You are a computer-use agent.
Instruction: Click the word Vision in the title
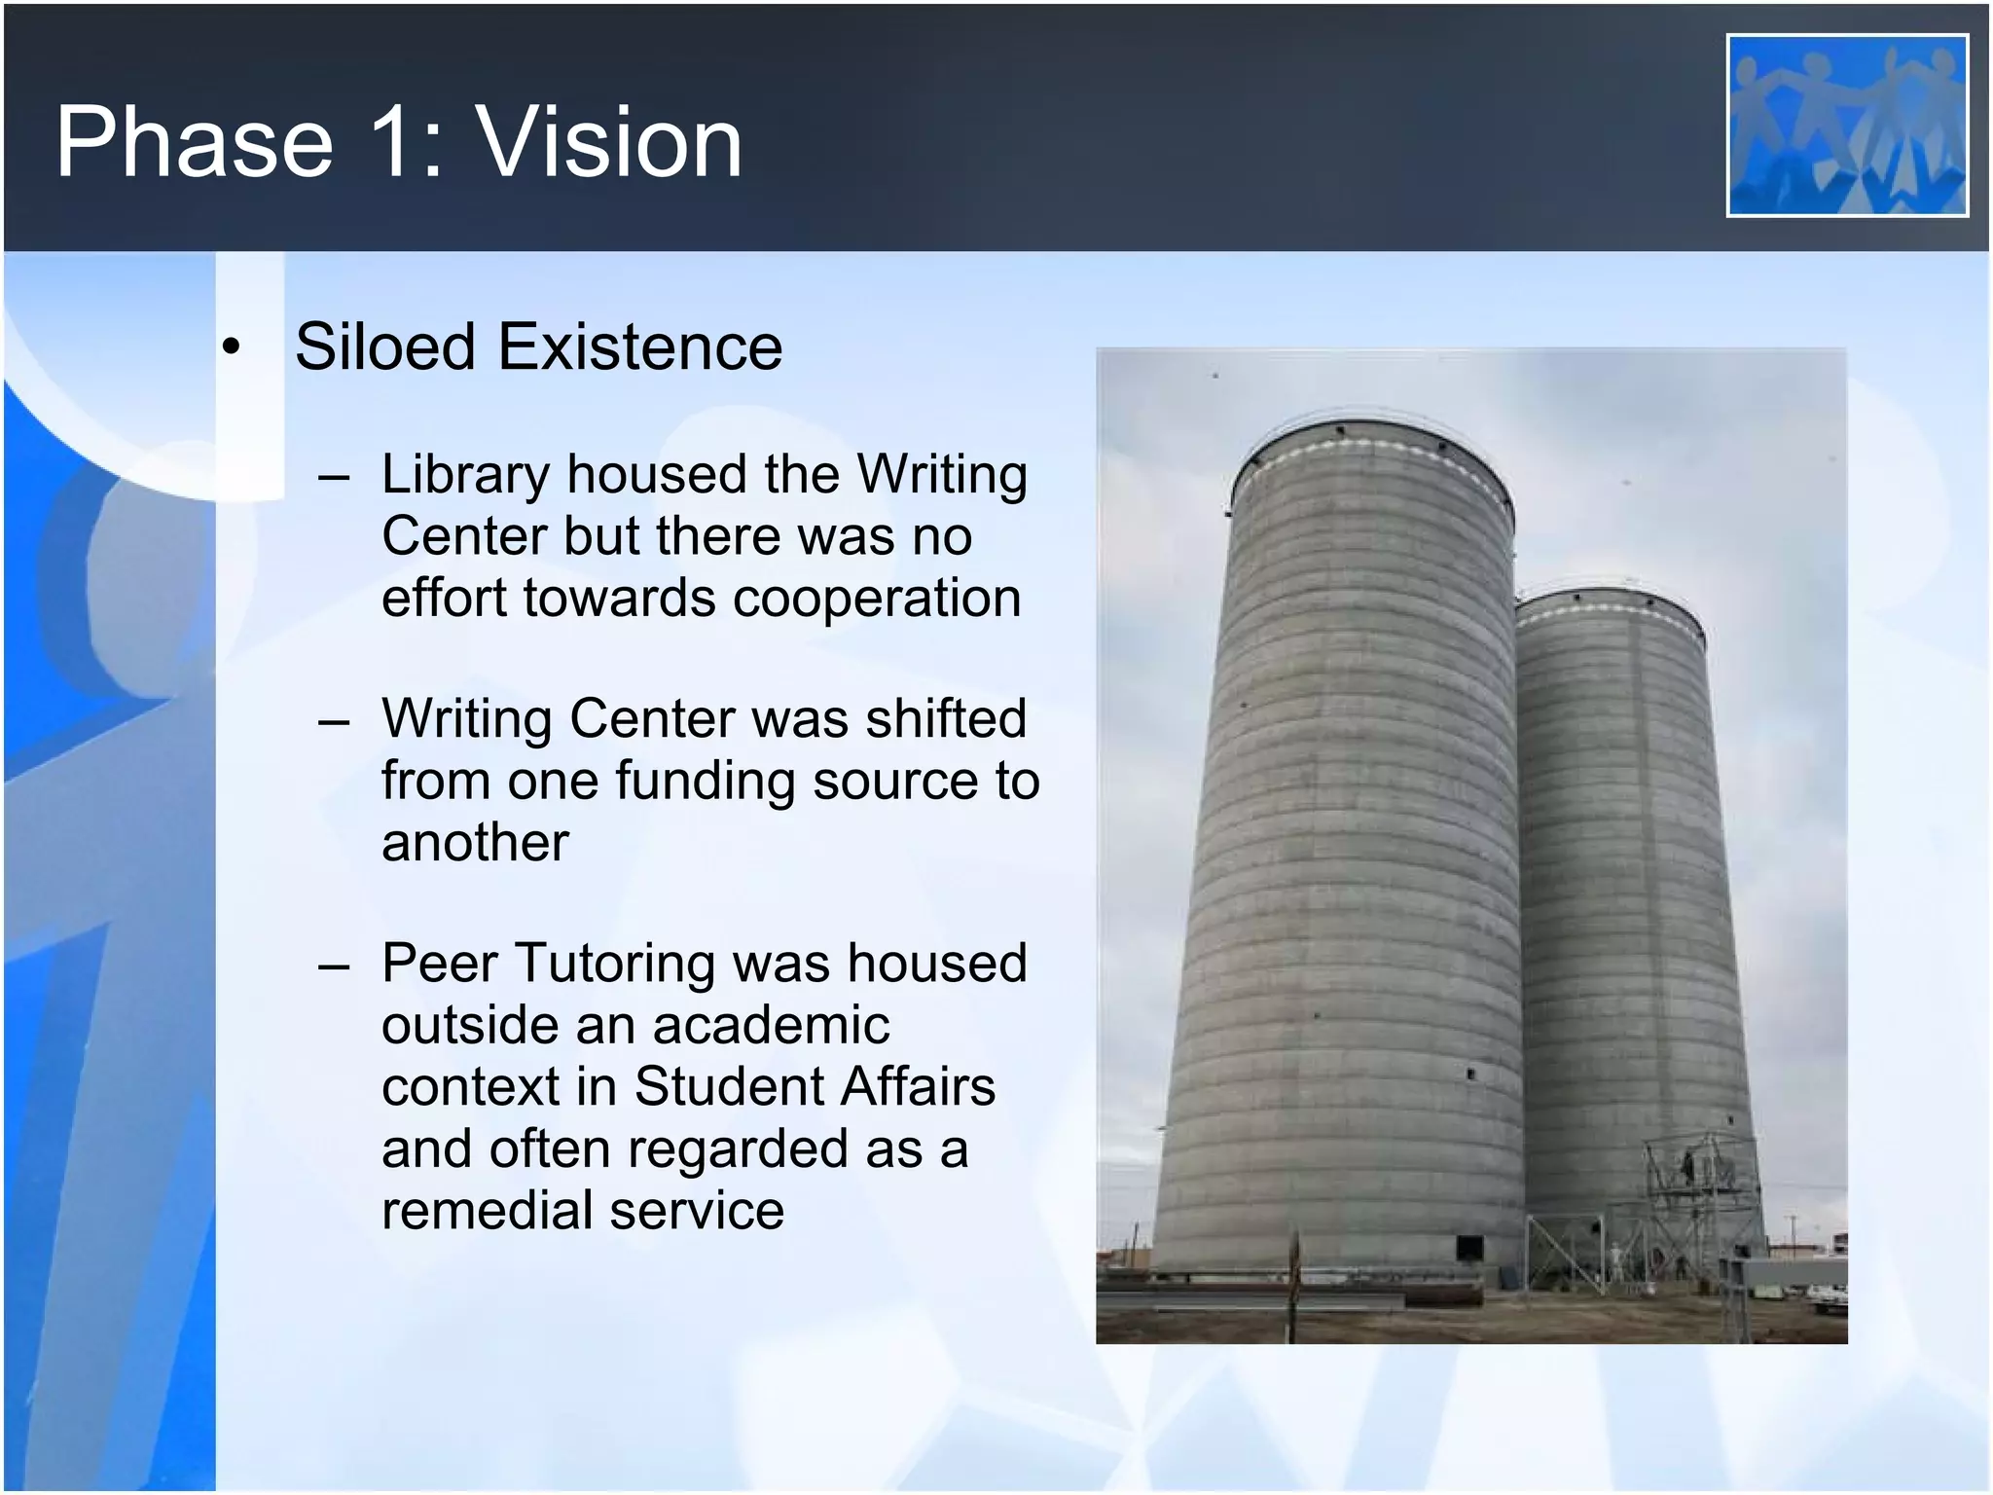(x=609, y=143)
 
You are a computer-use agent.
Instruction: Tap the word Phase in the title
(x=195, y=143)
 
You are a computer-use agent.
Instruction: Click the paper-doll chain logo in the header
(x=1846, y=125)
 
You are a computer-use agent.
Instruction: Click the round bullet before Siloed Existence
(x=230, y=347)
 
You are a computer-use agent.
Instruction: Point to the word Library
(x=466, y=476)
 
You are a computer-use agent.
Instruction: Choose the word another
(x=475, y=842)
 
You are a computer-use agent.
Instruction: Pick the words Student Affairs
(x=815, y=1086)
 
